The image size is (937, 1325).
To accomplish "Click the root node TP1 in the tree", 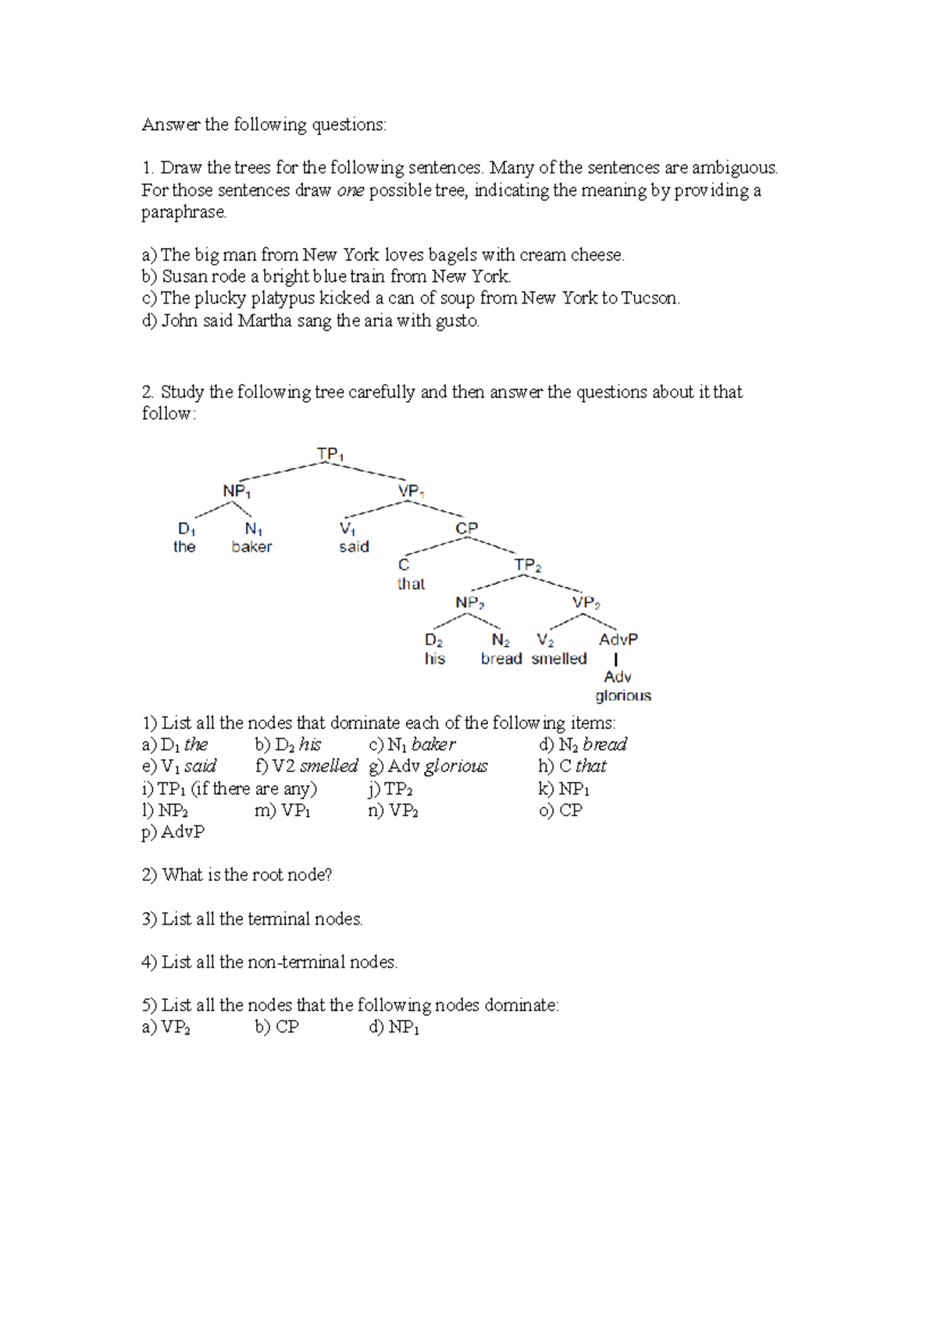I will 330,454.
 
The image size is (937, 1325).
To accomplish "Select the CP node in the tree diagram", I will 466,528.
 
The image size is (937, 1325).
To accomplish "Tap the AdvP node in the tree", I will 618,640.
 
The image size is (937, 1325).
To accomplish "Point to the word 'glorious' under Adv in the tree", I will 622,695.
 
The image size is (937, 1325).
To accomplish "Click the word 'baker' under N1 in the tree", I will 251,547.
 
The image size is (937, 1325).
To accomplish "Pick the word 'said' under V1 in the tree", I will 354,547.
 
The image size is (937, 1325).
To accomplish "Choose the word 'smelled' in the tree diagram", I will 559,659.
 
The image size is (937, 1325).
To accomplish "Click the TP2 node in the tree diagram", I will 528,565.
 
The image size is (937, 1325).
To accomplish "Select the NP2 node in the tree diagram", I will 470,602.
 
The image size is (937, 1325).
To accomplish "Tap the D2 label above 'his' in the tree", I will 434,640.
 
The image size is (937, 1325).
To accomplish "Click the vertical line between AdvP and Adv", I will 616,659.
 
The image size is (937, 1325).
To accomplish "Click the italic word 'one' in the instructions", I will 351,190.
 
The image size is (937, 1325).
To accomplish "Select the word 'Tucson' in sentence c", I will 650,298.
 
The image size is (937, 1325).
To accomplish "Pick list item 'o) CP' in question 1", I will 561,810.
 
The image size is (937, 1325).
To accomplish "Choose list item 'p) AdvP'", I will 173,832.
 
